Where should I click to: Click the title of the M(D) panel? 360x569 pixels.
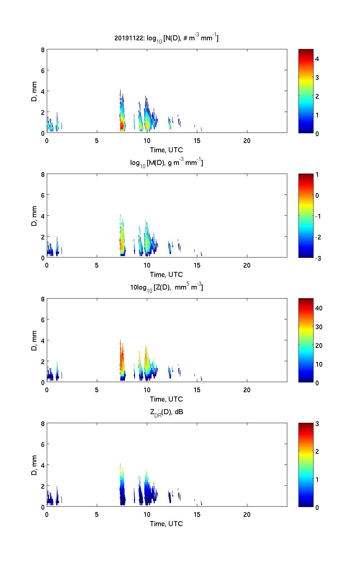[x=166, y=163]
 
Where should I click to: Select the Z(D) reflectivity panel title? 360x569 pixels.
[x=166, y=287]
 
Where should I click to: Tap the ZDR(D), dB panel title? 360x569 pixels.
[x=166, y=412]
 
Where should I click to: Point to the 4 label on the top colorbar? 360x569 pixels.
[x=317, y=59]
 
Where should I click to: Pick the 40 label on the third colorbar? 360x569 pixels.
[x=319, y=308]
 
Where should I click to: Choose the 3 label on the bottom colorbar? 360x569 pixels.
[x=317, y=424]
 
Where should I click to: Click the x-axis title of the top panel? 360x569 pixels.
[x=166, y=150]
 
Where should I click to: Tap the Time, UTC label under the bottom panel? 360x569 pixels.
[x=166, y=524]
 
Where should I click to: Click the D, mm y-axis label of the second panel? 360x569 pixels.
[x=34, y=216]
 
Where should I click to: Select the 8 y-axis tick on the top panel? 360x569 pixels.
[x=42, y=50]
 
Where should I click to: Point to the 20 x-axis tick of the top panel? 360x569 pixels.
[x=247, y=141]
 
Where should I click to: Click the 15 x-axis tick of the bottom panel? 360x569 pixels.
[x=197, y=514]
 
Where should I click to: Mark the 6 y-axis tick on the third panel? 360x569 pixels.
[x=42, y=319]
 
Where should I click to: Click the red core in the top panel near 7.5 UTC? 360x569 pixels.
[x=122, y=126]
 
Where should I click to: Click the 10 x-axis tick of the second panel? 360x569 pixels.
[x=147, y=265]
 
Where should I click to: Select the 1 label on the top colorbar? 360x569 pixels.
[x=317, y=115]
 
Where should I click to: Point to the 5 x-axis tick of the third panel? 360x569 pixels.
[x=97, y=390]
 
